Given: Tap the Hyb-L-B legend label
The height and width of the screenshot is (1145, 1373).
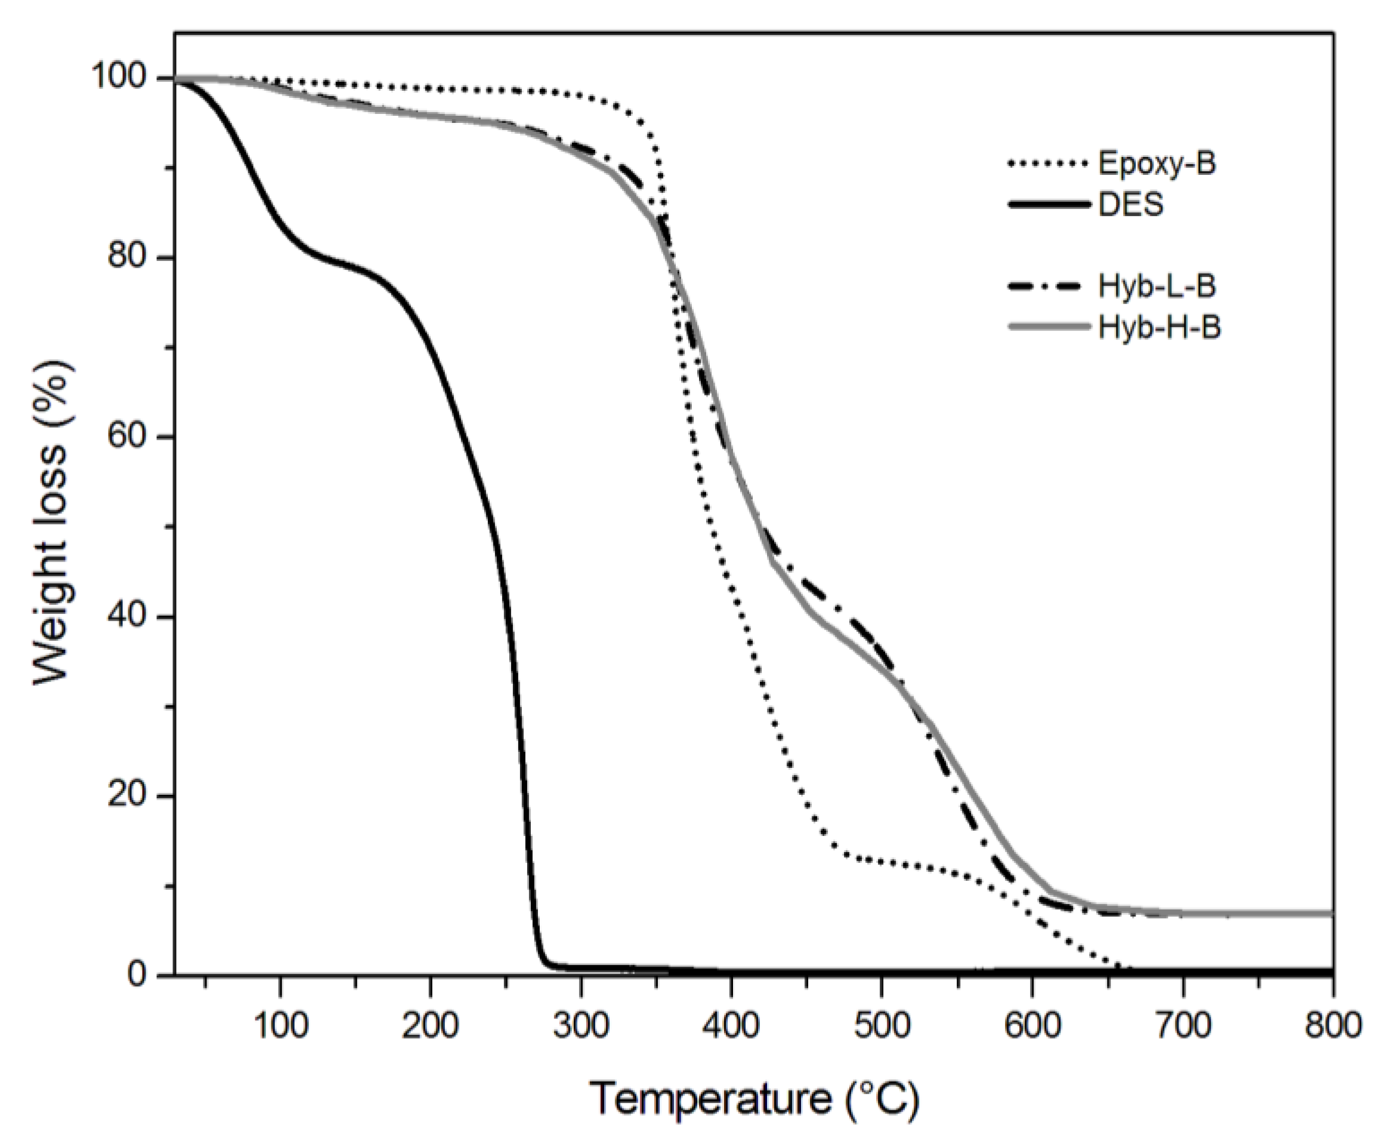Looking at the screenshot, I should tap(1156, 286).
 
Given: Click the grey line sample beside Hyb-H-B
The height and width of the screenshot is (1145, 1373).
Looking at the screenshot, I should tap(1049, 327).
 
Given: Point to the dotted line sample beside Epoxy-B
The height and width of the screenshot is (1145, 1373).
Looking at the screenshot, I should tap(1049, 163).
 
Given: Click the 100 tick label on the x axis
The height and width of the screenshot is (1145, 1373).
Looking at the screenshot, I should tap(280, 1025).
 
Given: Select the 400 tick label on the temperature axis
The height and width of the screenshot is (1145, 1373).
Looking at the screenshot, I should tap(731, 1025).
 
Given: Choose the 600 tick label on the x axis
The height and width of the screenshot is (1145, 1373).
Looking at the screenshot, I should tap(1032, 1025).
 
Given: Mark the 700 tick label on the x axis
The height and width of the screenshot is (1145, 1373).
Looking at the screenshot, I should tap(1182, 1025).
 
